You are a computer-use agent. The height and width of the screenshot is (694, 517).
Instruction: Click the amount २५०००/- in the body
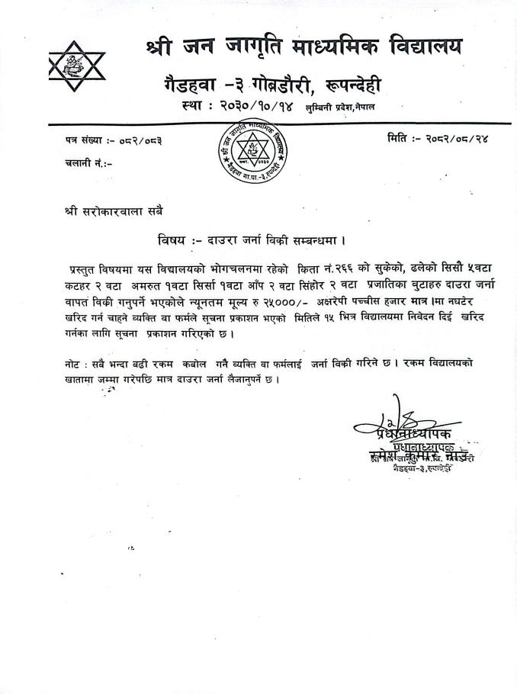coord(285,303)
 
